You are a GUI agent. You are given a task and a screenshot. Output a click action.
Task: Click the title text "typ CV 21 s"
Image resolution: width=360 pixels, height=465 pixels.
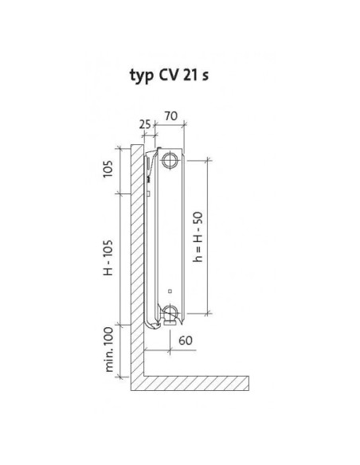click(x=169, y=76)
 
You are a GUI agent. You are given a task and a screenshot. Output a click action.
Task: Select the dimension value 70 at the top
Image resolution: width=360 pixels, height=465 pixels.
click(x=171, y=116)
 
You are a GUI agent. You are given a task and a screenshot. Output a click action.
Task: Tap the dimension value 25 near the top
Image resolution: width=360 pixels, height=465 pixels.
click(x=145, y=124)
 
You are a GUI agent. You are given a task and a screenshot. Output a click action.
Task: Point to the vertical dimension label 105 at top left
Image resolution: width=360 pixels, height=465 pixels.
click(x=108, y=169)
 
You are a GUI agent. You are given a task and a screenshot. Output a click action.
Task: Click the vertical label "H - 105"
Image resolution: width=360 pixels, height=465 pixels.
click(x=108, y=257)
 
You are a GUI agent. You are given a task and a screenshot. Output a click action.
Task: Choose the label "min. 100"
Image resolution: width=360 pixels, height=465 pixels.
click(x=109, y=350)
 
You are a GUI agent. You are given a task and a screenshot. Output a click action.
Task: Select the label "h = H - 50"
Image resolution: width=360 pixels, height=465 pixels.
click(x=198, y=236)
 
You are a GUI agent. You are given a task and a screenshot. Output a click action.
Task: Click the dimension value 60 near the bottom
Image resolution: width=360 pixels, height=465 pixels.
click(x=186, y=340)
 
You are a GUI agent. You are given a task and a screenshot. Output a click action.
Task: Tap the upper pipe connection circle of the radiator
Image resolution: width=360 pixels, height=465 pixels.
click(x=170, y=160)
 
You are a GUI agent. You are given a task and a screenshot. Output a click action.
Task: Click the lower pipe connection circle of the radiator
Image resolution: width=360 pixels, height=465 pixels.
click(x=170, y=313)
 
